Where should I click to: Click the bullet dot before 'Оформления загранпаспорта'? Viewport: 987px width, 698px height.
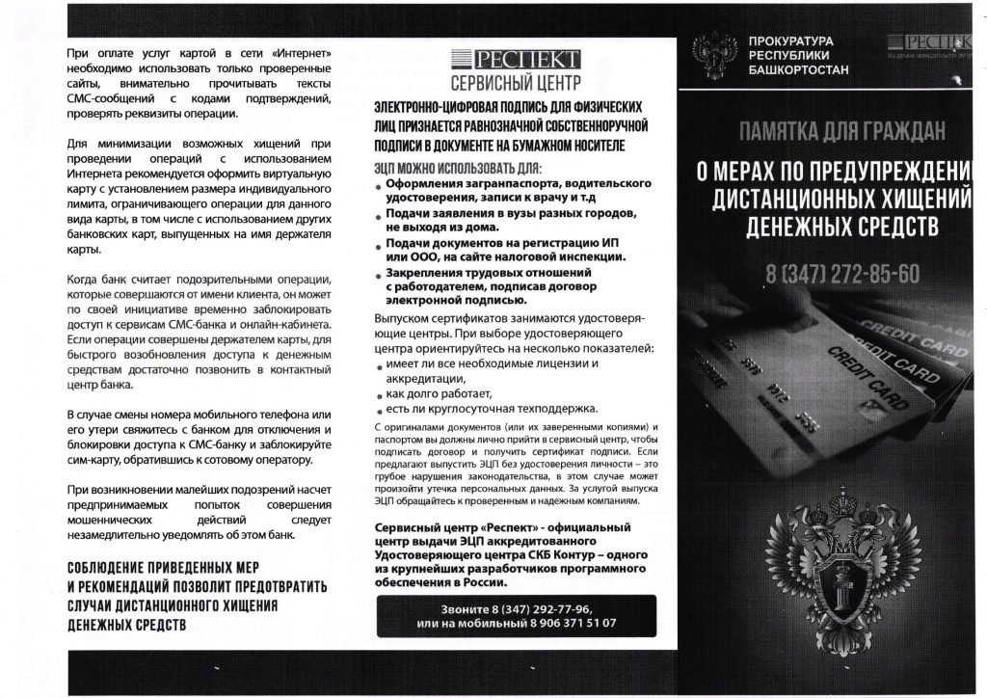[379, 185]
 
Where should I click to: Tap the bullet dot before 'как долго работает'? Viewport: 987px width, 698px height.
[379, 395]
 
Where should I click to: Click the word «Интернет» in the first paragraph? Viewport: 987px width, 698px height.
[300, 51]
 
